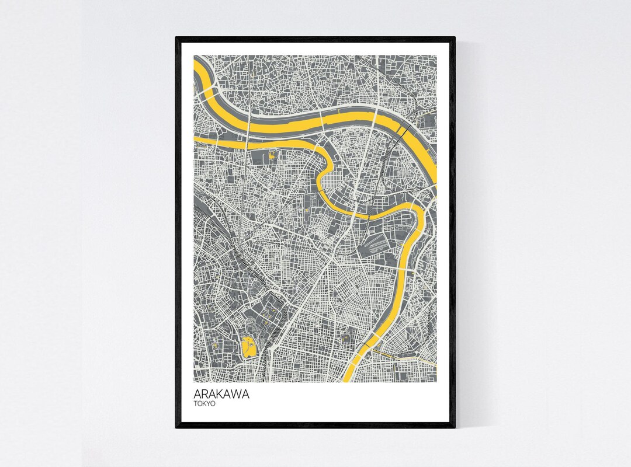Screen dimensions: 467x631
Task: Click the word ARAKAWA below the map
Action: point(221,394)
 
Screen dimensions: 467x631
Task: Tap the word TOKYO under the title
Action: point(204,403)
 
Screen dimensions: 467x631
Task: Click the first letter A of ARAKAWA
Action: point(197,394)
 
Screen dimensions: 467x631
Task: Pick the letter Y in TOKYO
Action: point(209,403)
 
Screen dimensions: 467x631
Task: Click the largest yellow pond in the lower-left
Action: point(248,347)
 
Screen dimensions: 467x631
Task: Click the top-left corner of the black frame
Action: point(176,38)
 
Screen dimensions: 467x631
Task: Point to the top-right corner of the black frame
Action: point(454,38)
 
